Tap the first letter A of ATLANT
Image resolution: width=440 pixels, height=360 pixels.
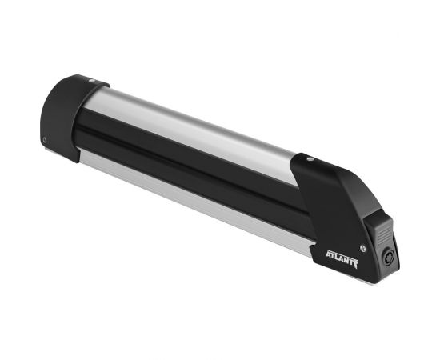coord(328,254)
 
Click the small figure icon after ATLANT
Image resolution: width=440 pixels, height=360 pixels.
coord(356,264)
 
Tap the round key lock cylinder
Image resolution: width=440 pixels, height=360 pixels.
coord(388,257)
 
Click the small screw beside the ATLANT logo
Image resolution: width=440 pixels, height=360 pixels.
coord(363,248)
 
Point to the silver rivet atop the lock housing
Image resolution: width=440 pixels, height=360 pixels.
coord(310,159)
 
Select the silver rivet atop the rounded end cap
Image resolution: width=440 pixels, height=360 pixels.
coord(92,80)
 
